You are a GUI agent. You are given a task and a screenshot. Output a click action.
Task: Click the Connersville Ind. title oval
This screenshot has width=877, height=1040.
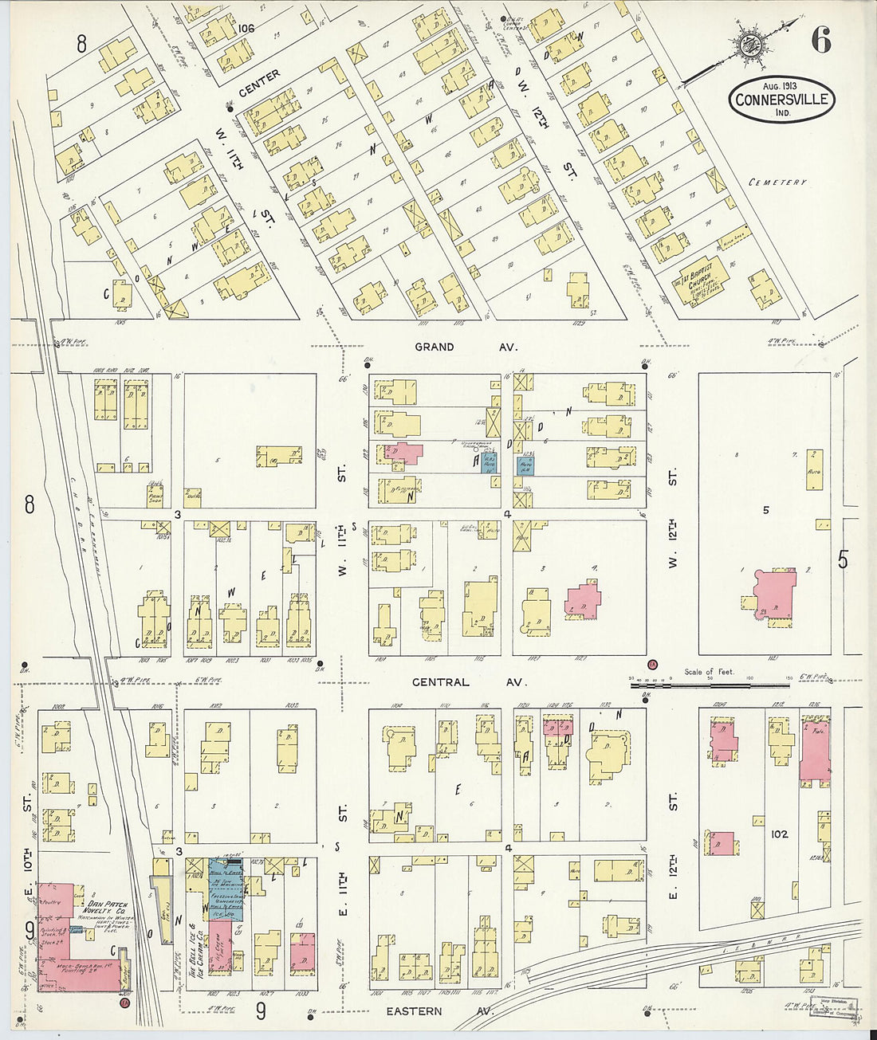[x=781, y=100]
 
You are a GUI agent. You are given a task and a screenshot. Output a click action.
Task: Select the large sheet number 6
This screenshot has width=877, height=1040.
[x=821, y=39]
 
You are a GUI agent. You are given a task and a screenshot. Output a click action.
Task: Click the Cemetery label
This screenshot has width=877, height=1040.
[x=777, y=182]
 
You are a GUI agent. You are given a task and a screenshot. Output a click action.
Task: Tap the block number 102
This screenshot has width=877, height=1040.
[x=780, y=834]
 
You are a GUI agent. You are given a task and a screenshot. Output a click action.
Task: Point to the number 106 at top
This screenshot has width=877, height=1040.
[x=246, y=29]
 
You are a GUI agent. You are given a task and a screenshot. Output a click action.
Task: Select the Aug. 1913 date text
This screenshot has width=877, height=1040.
[x=780, y=85]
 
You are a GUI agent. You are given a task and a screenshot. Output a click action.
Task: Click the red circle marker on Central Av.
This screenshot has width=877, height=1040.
[x=651, y=664]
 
